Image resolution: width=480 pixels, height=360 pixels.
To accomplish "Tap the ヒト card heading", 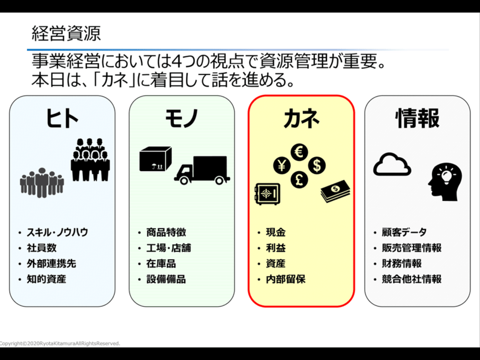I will [62, 118].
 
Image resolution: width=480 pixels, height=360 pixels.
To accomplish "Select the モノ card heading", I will [181, 118].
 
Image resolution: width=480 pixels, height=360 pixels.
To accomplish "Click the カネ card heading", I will [301, 118].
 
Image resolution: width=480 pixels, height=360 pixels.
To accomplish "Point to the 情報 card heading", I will [418, 118].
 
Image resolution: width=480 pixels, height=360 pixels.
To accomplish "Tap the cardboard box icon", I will [155, 160].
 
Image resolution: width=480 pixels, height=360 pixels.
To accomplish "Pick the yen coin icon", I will [281, 164].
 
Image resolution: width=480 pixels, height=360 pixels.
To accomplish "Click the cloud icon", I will [392, 163].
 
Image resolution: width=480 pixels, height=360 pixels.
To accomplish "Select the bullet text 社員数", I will [41, 248].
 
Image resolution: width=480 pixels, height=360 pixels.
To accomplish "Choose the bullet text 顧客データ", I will [404, 232].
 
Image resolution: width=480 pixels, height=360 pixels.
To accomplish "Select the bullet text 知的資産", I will [46, 279].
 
